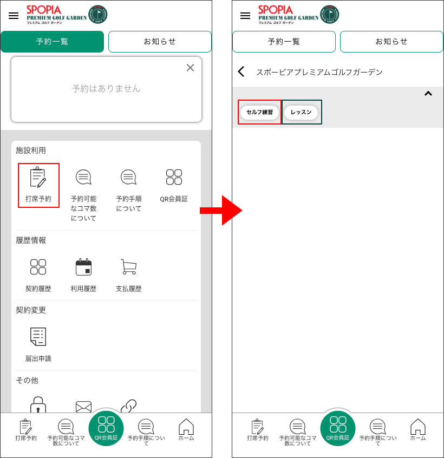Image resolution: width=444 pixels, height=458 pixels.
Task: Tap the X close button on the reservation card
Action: (x=190, y=68)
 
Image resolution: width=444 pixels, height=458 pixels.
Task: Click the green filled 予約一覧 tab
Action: (x=53, y=42)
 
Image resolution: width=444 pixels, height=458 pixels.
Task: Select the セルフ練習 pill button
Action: (x=259, y=112)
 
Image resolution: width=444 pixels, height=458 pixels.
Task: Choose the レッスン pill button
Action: (x=301, y=112)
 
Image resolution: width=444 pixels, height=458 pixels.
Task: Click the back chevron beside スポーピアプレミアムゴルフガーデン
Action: (x=241, y=71)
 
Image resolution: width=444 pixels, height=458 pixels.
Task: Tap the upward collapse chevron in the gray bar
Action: (x=428, y=94)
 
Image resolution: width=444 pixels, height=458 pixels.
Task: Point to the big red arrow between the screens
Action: (x=221, y=210)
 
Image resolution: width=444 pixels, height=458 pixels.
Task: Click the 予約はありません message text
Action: (x=106, y=88)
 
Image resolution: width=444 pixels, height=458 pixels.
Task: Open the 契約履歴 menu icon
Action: (x=38, y=267)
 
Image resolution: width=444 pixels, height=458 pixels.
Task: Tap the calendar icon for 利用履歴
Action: (x=83, y=267)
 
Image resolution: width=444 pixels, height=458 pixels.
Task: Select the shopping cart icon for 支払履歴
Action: (x=129, y=267)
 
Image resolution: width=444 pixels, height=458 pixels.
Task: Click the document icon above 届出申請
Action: (x=38, y=337)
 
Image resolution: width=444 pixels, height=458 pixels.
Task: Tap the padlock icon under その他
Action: (x=38, y=404)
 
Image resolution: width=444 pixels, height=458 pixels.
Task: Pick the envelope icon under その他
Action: (x=83, y=407)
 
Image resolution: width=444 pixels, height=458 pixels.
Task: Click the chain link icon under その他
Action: (x=128, y=406)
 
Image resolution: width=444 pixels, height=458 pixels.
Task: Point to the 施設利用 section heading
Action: (x=31, y=151)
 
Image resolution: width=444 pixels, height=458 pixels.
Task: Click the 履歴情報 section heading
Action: (x=31, y=240)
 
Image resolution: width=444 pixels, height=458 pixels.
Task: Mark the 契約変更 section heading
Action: (x=31, y=310)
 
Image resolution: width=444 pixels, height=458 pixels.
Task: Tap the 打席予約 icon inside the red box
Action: (x=38, y=177)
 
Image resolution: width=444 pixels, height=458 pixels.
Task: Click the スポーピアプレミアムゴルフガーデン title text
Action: (x=319, y=72)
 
